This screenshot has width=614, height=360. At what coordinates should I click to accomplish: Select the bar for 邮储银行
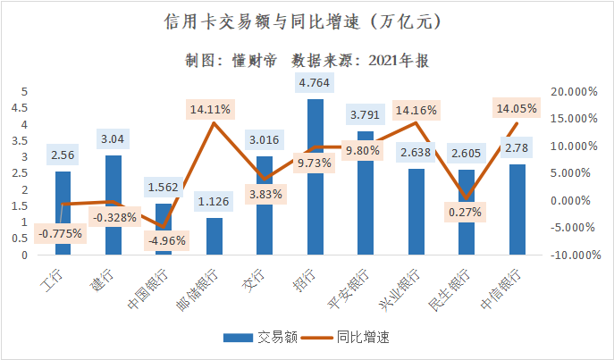tap(214, 237)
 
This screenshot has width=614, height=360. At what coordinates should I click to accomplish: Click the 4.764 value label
tap(315, 83)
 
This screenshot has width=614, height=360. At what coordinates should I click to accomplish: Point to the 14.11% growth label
tap(210, 110)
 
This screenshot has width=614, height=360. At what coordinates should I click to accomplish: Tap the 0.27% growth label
tap(466, 212)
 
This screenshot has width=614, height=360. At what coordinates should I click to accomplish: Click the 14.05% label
tap(516, 108)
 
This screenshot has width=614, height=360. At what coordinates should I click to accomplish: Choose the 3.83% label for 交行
tap(265, 193)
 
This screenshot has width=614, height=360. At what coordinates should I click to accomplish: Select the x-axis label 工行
tap(55, 281)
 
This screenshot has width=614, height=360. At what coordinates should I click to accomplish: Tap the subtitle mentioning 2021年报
tap(307, 60)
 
